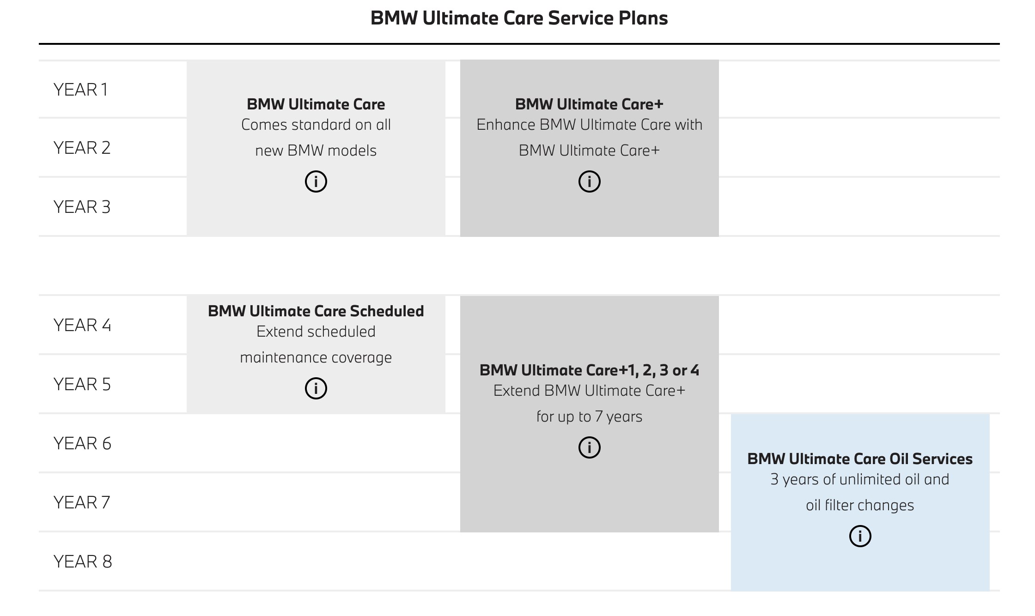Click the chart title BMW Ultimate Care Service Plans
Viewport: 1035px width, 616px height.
pyautogui.click(x=519, y=18)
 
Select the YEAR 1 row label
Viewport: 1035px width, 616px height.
pyautogui.click(x=80, y=90)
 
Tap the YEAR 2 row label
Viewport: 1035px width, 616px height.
pyautogui.click(x=82, y=148)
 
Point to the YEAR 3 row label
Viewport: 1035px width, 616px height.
pyautogui.click(x=82, y=207)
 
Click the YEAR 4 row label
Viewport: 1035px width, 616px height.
pyautogui.click(x=82, y=325)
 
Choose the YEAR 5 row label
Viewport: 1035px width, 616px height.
pyautogui.click(x=82, y=384)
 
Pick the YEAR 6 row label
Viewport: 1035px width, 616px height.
pyautogui.click(x=82, y=443)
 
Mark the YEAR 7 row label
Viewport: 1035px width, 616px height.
pyautogui.click(x=82, y=502)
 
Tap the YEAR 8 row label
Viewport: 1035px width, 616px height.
pyautogui.click(x=83, y=562)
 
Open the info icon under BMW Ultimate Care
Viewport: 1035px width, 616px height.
pyautogui.click(x=316, y=181)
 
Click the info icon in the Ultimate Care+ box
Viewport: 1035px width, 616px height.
pyautogui.click(x=589, y=181)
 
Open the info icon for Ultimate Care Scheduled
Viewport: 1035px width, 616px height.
pyautogui.click(x=316, y=388)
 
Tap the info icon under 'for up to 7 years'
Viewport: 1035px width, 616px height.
pyautogui.click(x=589, y=447)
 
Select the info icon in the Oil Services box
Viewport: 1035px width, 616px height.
pyautogui.click(x=860, y=536)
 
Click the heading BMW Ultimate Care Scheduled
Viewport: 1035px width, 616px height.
pyautogui.click(x=316, y=311)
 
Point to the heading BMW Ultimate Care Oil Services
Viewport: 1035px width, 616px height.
pyautogui.click(x=860, y=459)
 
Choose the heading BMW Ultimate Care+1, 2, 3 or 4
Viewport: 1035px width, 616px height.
pyautogui.click(x=589, y=370)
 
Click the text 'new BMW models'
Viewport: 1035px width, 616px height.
pyautogui.click(x=316, y=151)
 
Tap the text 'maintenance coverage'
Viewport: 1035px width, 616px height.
pyautogui.click(x=316, y=357)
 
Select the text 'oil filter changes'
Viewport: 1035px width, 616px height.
pyautogui.click(x=860, y=505)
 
